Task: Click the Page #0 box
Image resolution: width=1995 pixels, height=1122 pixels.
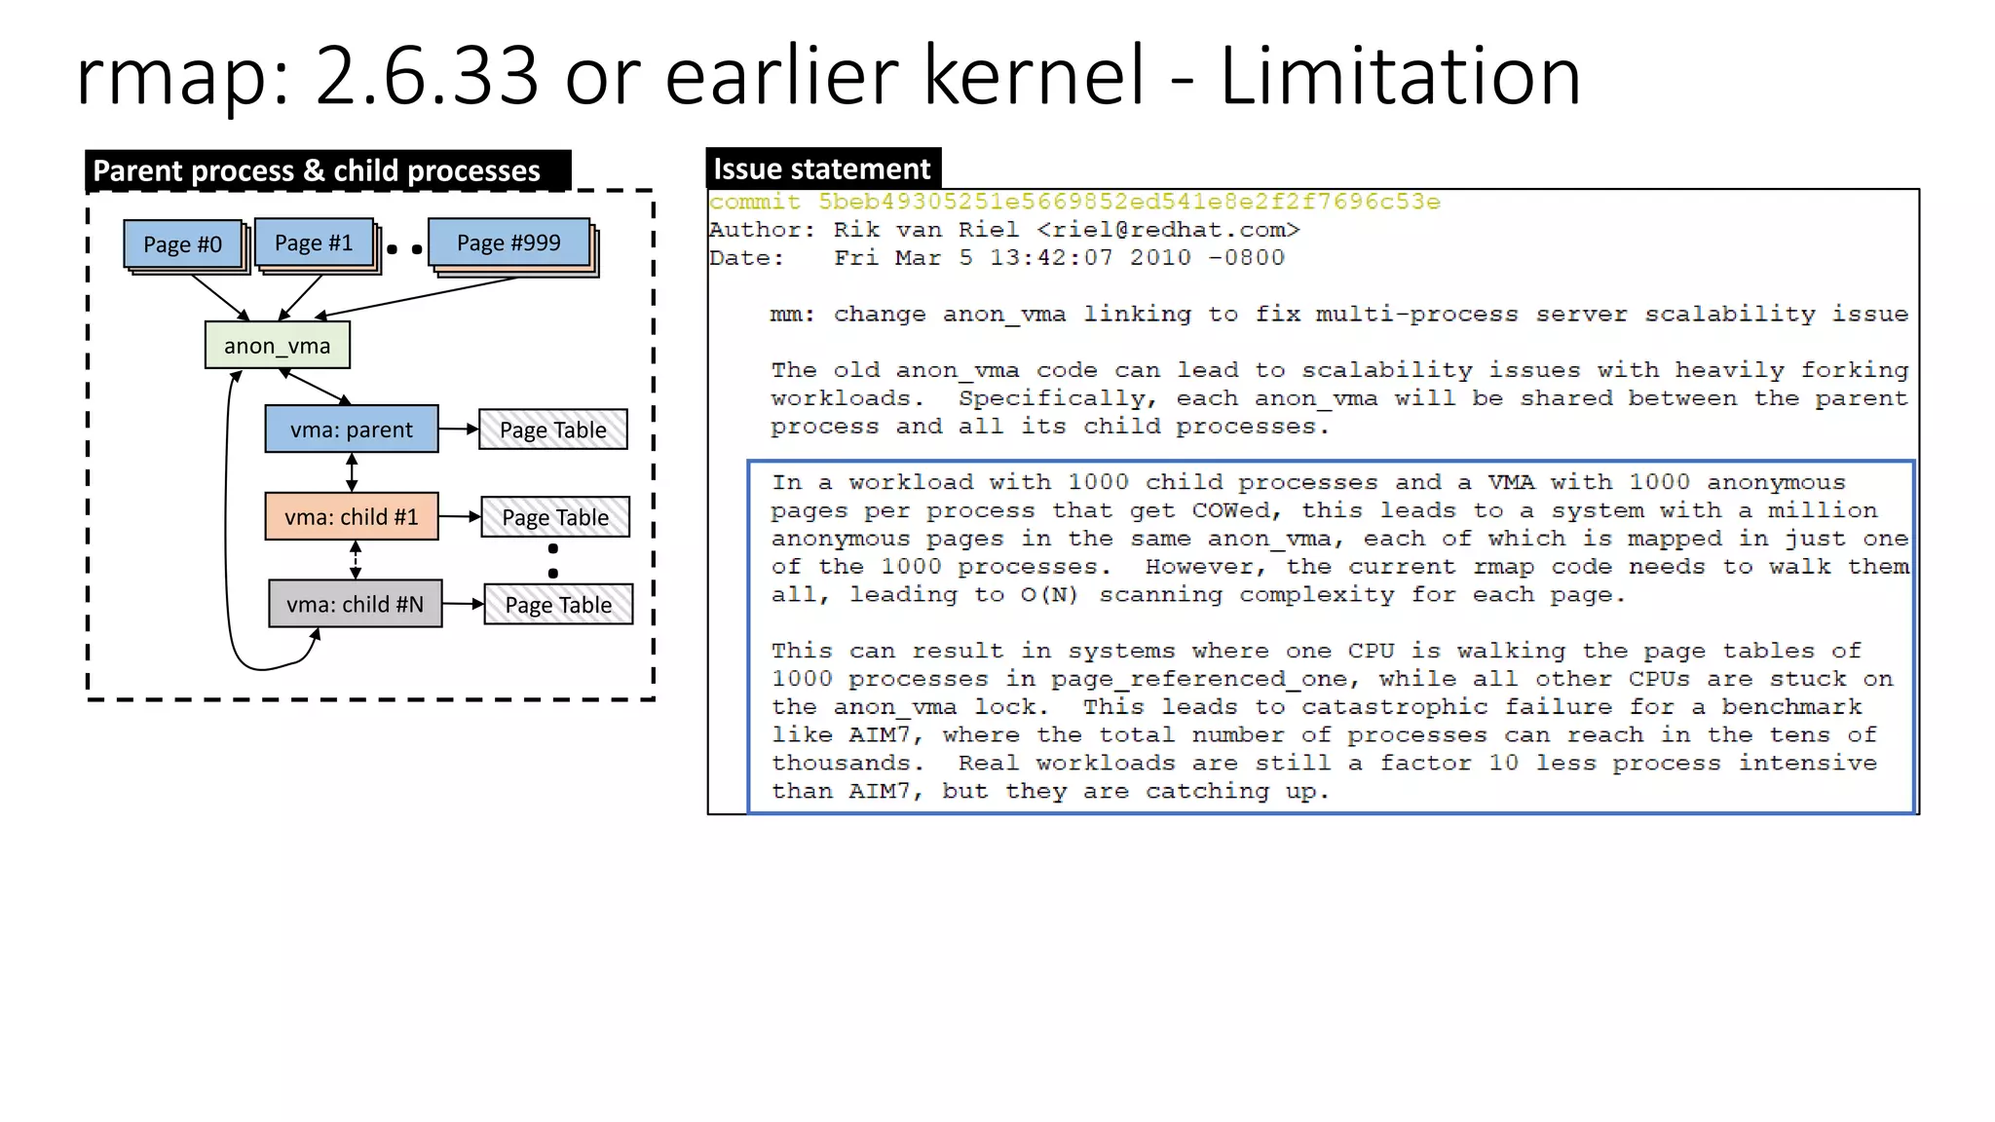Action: (182, 243)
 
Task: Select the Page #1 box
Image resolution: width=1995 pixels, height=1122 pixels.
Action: (314, 243)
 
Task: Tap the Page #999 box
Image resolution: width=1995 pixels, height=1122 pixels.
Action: (508, 243)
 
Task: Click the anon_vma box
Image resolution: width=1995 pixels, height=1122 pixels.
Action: (277, 346)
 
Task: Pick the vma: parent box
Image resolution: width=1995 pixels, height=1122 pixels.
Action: (352, 430)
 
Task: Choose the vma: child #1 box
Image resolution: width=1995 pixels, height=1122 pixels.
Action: (352, 517)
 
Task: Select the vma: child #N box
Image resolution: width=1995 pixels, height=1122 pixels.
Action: (355, 605)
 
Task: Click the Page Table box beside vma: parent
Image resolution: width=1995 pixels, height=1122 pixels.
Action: (552, 430)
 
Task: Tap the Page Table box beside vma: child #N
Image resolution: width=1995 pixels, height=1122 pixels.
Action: (558, 605)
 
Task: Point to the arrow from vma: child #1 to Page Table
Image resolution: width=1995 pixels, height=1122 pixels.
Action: (459, 517)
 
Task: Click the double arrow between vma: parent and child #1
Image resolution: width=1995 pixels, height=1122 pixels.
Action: (352, 472)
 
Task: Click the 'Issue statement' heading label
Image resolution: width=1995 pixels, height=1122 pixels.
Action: (822, 168)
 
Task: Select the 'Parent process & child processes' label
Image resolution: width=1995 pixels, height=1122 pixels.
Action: (317, 170)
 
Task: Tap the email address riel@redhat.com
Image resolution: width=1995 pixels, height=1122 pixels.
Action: (1168, 230)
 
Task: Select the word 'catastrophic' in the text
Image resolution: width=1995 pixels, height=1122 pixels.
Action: (1395, 707)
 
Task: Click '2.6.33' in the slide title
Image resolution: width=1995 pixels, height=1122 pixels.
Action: (427, 76)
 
